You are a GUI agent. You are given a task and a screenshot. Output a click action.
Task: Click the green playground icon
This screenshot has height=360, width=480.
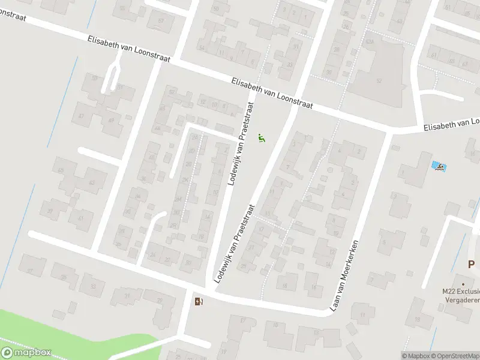point(261,138)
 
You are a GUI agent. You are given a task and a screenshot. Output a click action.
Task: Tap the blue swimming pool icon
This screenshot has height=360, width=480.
point(439,166)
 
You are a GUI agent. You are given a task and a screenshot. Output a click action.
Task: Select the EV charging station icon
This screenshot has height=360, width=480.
point(199,301)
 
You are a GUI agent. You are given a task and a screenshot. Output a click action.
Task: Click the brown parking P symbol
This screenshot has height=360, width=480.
point(472,264)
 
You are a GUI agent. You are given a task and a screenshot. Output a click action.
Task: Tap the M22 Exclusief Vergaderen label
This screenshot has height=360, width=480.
point(461,295)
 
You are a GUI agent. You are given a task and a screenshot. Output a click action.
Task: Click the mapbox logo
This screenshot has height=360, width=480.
point(26,353)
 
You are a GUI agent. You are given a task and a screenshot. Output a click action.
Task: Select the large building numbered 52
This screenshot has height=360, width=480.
point(379,80)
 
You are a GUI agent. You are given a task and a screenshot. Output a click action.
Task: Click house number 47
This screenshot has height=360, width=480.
point(81,115)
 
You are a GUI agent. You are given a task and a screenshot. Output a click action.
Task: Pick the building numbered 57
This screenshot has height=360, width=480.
point(160,20)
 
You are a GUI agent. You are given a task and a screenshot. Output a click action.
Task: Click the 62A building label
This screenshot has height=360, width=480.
point(370,41)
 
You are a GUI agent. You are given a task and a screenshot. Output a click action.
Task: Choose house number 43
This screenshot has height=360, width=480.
point(91,182)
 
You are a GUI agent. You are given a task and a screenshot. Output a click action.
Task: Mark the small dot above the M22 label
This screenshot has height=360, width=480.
point(463,284)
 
